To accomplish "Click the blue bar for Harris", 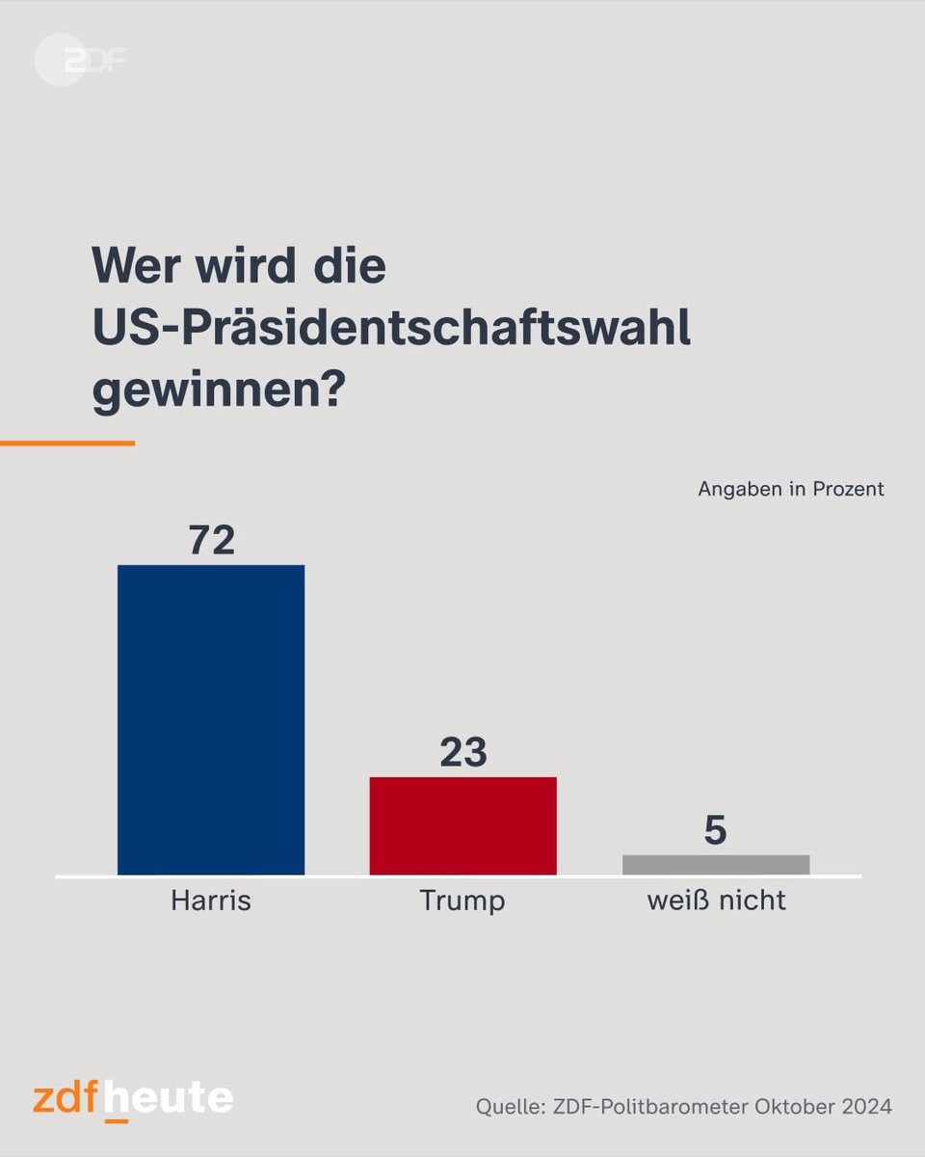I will coord(211,719).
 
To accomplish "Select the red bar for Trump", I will coord(463,825).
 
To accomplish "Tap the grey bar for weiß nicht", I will coord(716,864).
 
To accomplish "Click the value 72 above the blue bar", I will coord(211,541).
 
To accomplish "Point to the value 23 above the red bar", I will coord(463,753).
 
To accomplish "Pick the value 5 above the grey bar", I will coord(715,831).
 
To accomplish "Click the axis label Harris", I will coord(211,901).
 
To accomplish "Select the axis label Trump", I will coord(462,901).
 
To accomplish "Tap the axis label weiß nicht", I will coord(716,901).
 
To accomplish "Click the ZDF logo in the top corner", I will coord(81,60).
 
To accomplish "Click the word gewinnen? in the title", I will coord(218,393).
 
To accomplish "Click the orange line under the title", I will coord(67,444).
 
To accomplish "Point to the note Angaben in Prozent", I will coord(790,489).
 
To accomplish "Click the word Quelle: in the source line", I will coord(509,1107).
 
